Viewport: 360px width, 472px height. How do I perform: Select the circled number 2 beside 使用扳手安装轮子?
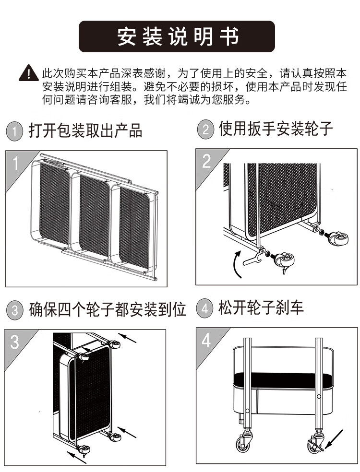click(x=205, y=130)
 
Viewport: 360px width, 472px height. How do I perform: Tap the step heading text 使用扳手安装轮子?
click(x=276, y=129)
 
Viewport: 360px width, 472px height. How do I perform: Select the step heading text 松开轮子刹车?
click(x=261, y=307)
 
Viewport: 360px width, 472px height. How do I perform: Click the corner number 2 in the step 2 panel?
click(x=206, y=161)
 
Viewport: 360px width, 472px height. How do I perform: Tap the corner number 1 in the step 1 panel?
click(x=15, y=163)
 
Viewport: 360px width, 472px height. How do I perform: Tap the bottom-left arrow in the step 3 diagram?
click(x=77, y=454)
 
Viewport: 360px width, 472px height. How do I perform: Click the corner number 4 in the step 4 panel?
click(x=206, y=341)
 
